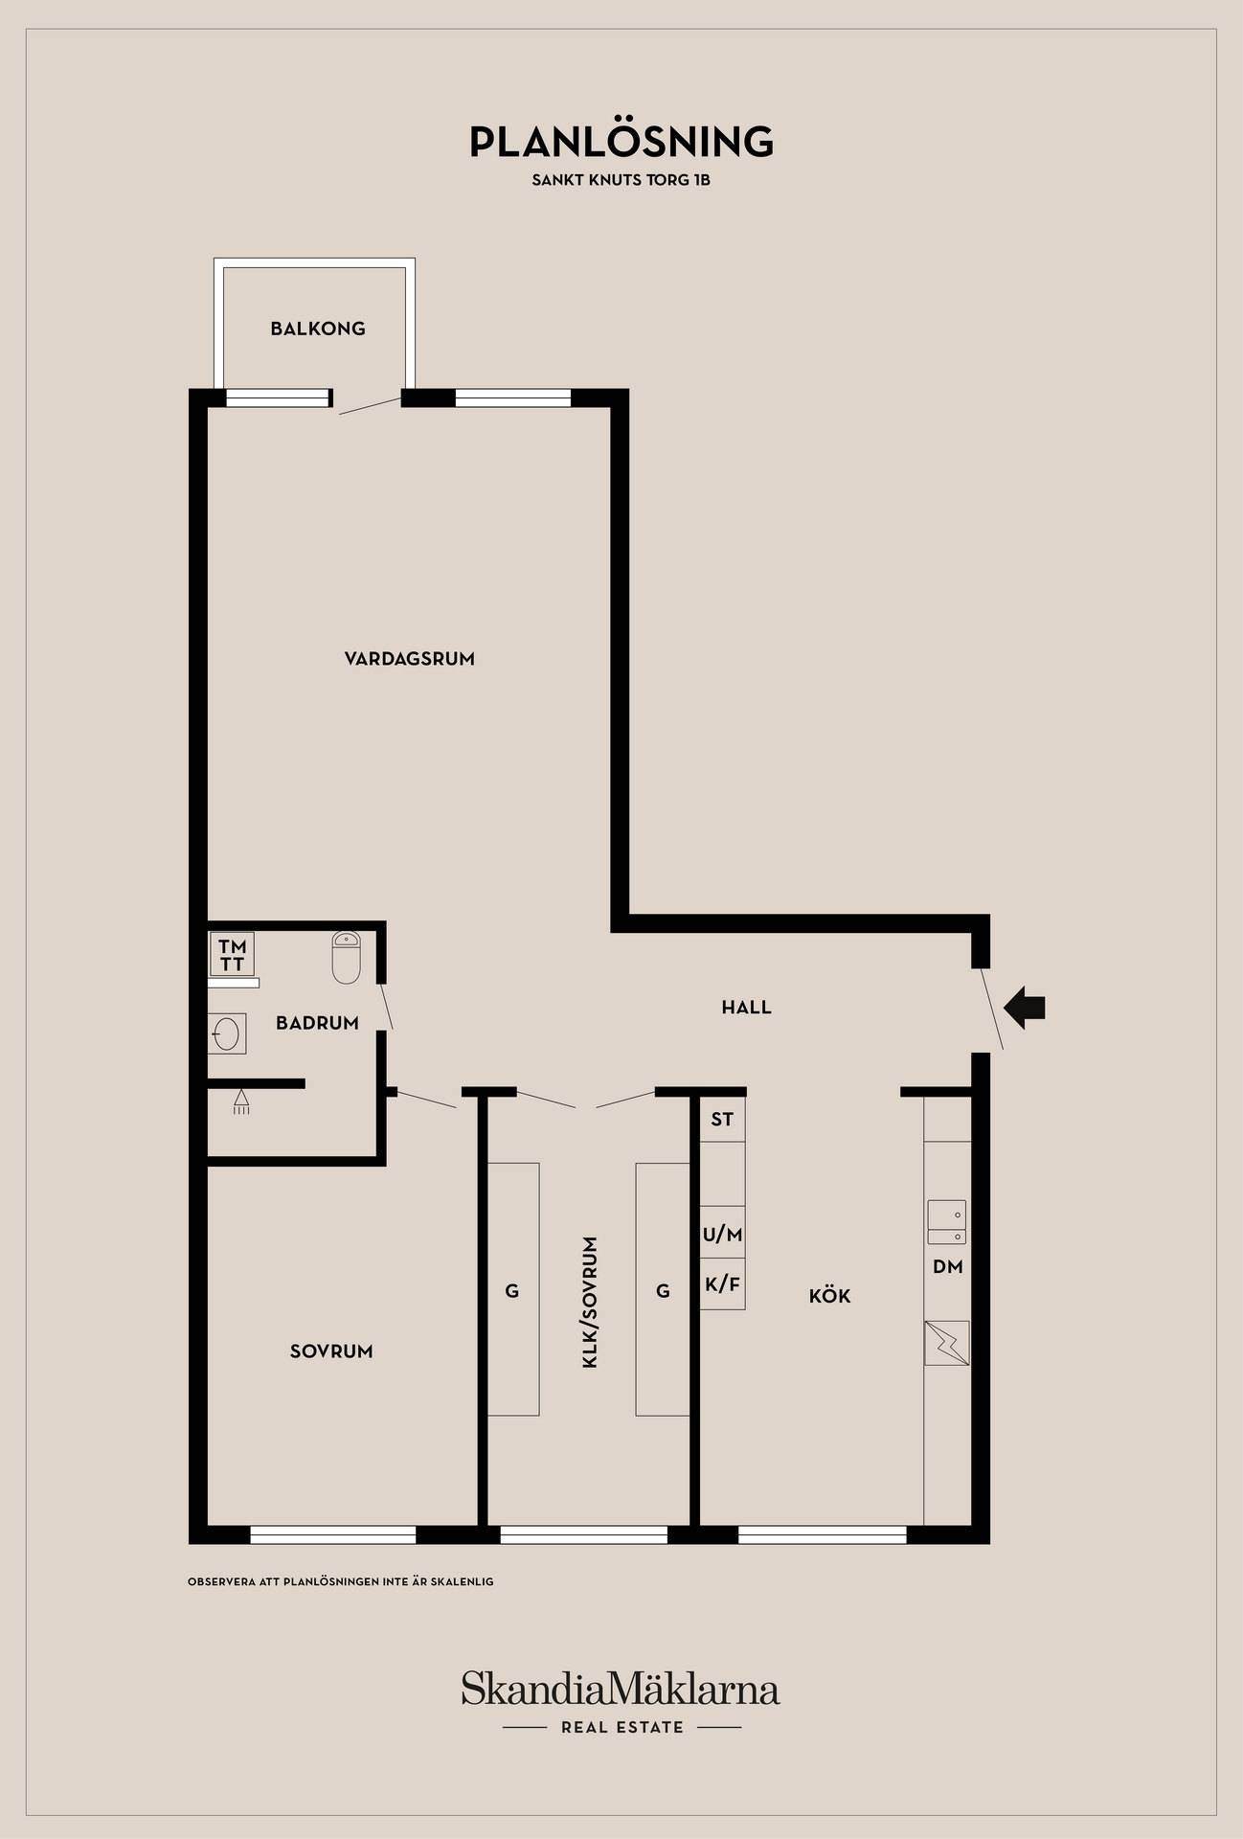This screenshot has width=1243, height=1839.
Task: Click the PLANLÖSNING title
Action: click(621, 141)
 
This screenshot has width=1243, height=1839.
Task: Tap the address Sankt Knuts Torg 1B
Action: click(621, 179)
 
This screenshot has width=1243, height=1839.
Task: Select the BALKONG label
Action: click(318, 329)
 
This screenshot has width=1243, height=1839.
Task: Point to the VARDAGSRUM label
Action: click(410, 659)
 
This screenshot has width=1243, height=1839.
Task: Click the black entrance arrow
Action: click(1025, 1008)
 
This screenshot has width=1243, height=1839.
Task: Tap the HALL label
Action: click(747, 1008)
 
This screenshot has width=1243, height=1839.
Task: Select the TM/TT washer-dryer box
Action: click(232, 954)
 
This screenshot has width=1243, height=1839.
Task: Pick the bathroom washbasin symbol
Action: click(227, 1033)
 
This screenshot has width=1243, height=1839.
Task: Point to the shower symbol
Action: click(241, 1101)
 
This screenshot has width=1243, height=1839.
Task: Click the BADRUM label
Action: click(317, 1023)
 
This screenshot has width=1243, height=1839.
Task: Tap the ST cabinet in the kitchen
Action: click(722, 1119)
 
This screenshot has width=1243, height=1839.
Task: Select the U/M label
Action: click(723, 1235)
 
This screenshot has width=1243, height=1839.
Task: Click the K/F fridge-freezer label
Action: click(723, 1284)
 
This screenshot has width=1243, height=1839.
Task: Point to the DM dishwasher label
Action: click(948, 1267)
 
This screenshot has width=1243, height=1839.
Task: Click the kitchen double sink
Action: click(946, 1222)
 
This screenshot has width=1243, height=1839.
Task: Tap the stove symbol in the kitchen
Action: click(947, 1343)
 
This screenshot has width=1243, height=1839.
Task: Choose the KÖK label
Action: click(830, 1296)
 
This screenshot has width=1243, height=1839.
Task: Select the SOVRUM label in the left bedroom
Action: click(331, 1351)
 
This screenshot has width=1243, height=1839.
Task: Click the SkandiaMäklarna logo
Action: click(621, 1689)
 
